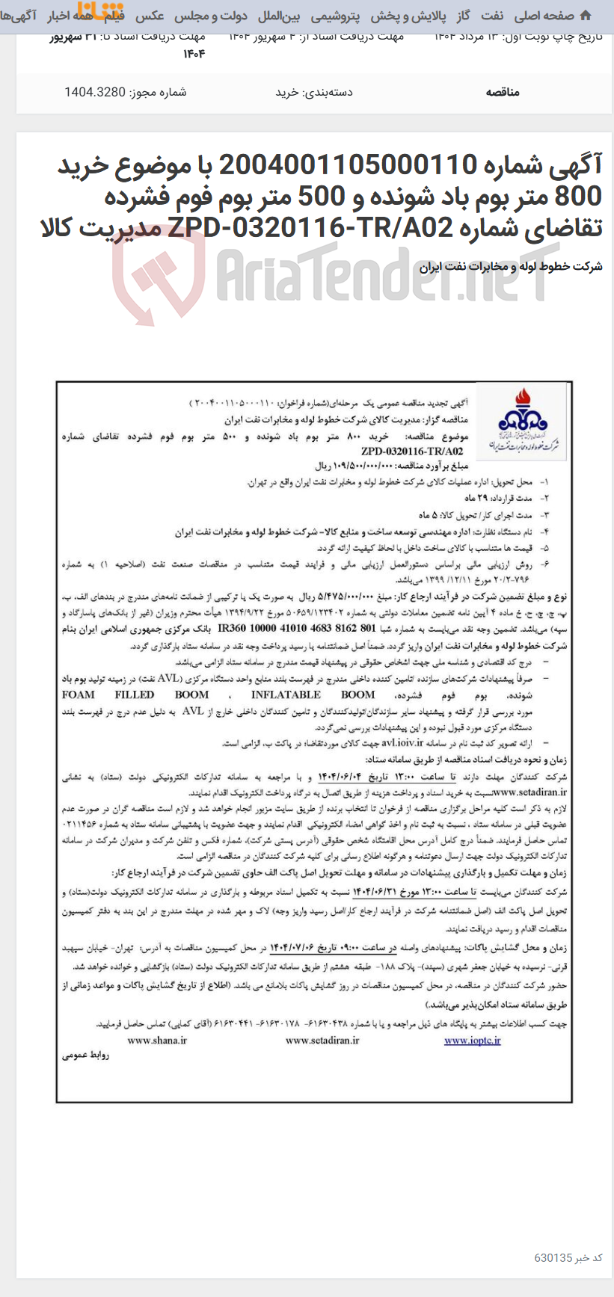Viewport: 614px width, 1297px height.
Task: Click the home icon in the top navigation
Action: click(x=586, y=16)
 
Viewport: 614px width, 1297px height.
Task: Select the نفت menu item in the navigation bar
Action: click(x=492, y=16)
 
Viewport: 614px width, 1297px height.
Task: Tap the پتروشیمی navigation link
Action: click(x=334, y=16)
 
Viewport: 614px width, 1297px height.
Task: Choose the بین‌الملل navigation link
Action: click(x=279, y=16)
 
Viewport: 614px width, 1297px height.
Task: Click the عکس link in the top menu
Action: click(x=150, y=16)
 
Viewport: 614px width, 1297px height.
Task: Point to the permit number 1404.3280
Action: click(x=95, y=92)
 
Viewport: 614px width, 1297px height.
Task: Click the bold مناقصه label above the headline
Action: click(x=502, y=92)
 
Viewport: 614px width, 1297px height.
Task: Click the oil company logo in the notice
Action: click(x=522, y=422)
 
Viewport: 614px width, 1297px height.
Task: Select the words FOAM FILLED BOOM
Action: click(x=135, y=694)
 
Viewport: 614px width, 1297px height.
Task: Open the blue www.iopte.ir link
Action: click(x=472, y=1040)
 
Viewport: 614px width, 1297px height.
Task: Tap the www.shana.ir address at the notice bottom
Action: click(x=157, y=1040)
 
